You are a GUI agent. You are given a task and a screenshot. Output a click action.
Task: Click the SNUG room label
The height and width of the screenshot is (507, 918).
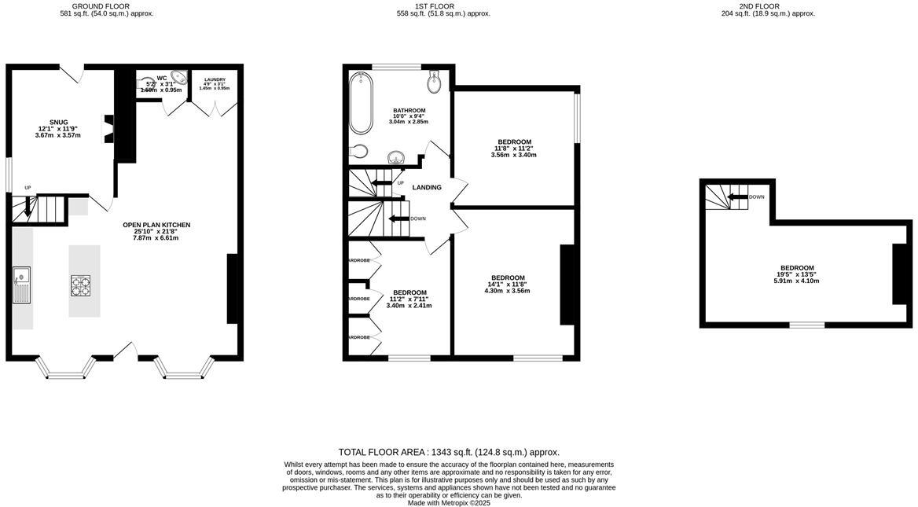pyautogui.click(x=59, y=123)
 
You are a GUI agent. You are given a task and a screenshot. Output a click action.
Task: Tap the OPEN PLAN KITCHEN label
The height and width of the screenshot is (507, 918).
pyautogui.click(x=156, y=226)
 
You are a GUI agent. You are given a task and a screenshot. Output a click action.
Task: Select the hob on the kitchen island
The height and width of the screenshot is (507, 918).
pyautogui.click(x=81, y=285)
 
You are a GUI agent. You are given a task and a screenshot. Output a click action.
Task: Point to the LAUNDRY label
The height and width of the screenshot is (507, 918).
pyautogui.click(x=215, y=79)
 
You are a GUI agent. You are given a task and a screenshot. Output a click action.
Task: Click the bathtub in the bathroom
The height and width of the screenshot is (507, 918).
pyautogui.click(x=361, y=103)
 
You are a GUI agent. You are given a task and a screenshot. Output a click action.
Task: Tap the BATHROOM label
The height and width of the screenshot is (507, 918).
pyautogui.click(x=409, y=111)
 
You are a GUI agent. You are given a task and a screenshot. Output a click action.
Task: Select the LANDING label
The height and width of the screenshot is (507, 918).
pyautogui.click(x=427, y=187)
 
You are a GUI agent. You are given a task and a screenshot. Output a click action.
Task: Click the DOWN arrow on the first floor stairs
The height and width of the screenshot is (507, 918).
pyautogui.click(x=399, y=219)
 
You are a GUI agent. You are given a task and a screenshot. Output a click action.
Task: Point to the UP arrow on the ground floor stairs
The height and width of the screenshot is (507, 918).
pyautogui.click(x=29, y=208)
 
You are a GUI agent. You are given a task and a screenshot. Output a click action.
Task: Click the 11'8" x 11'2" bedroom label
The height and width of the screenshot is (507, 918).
pyautogui.click(x=514, y=142)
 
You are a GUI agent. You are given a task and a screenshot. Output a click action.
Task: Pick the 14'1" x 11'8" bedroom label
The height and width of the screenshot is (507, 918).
pyautogui.click(x=508, y=278)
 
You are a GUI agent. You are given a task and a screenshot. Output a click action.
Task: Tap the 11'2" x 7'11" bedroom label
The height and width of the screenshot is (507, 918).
pyautogui.click(x=409, y=293)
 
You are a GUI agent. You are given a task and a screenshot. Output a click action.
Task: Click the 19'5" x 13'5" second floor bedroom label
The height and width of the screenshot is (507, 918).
pyautogui.click(x=797, y=268)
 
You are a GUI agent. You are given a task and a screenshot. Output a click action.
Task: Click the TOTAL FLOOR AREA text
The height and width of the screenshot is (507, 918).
pyautogui.click(x=449, y=452)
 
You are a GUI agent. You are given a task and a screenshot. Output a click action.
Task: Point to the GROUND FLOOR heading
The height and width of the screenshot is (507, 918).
pyautogui.click(x=101, y=6)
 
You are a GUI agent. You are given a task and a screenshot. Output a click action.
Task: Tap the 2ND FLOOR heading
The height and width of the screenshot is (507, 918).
pyautogui.click(x=759, y=6)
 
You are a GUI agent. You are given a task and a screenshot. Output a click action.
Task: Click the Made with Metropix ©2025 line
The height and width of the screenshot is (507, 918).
pyautogui.click(x=449, y=503)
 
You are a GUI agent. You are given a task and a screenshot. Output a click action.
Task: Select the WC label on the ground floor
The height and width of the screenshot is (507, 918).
pyautogui.click(x=162, y=78)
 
